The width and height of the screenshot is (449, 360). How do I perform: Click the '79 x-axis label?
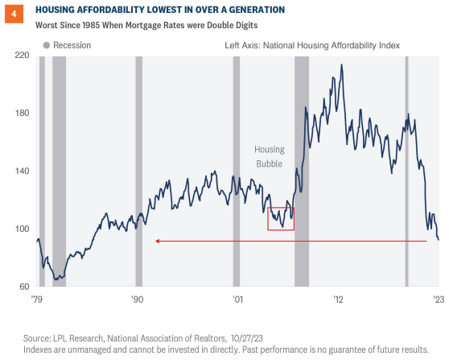(x=38, y=299)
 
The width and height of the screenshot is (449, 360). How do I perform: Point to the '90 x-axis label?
(x=137, y=299)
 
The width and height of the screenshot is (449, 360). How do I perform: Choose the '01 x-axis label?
(x=237, y=299)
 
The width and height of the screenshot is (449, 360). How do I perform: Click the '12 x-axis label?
(x=339, y=299)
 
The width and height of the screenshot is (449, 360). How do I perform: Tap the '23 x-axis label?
(x=437, y=299)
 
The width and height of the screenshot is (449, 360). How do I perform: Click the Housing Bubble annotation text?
(x=270, y=156)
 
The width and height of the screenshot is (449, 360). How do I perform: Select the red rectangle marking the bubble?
(x=281, y=219)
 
